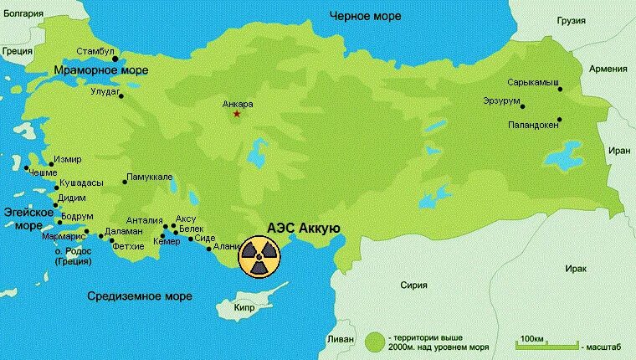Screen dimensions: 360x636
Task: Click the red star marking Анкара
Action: (x=238, y=114)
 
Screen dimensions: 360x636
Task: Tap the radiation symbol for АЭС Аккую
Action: (x=259, y=255)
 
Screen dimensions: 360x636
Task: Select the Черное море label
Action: (x=364, y=16)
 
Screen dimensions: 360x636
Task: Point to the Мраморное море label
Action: (x=100, y=70)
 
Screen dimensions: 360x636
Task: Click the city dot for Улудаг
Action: (x=122, y=95)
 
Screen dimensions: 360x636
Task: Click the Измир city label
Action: (x=68, y=158)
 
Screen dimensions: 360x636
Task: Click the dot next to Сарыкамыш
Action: (x=560, y=89)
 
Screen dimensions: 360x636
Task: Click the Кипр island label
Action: (x=244, y=306)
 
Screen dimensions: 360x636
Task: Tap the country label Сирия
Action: (x=413, y=285)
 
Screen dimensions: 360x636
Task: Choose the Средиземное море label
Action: (x=141, y=296)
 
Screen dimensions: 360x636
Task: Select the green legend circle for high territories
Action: (x=375, y=342)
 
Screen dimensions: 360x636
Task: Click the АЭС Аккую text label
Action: (x=302, y=228)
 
